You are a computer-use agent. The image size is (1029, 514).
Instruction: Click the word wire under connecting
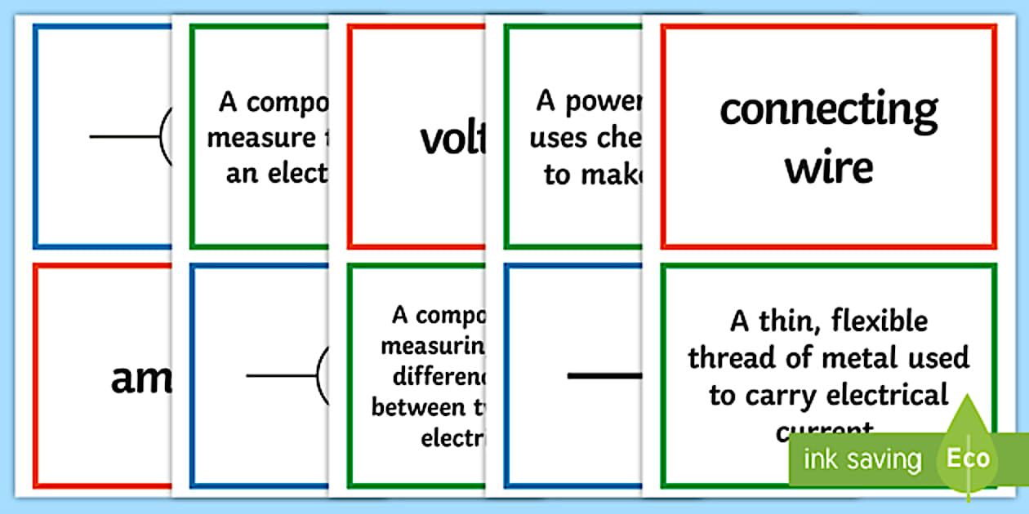828,167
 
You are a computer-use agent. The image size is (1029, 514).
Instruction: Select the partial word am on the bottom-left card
141,379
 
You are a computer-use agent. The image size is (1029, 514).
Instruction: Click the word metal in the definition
868,357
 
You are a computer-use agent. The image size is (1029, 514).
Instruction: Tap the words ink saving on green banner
861,459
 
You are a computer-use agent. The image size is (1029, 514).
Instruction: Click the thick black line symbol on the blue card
605,375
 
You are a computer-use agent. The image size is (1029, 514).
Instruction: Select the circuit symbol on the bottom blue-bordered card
286,375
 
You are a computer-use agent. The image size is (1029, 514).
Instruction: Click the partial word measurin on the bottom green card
433,346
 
